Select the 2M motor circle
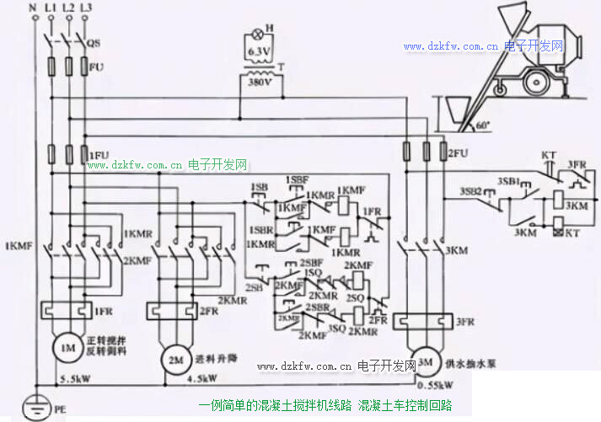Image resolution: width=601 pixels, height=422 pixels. (x=174, y=356)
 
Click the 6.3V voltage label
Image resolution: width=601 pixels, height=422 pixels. (x=260, y=52)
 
